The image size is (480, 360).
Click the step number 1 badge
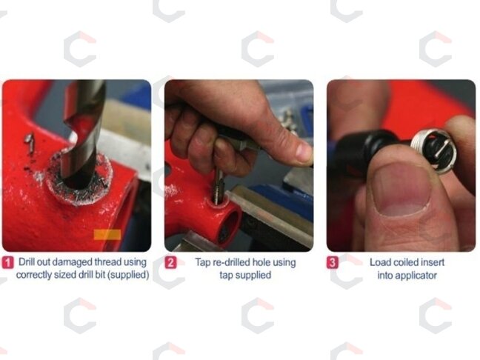click(x=7, y=263)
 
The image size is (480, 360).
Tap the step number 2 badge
click(x=170, y=263)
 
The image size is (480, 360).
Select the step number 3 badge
click(x=332, y=263)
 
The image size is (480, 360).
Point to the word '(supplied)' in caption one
click(x=130, y=275)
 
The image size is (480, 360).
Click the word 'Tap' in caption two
click(x=202, y=263)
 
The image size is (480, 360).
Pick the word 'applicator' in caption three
click(x=407, y=276)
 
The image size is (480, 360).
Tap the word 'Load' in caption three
click(x=380, y=262)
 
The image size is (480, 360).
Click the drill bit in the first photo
click(x=83, y=132)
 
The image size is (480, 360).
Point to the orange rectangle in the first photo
click(x=107, y=235)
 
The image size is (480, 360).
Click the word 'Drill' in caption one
click(x=27, y=262)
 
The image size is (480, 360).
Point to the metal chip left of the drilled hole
click(x=30, y=141)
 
